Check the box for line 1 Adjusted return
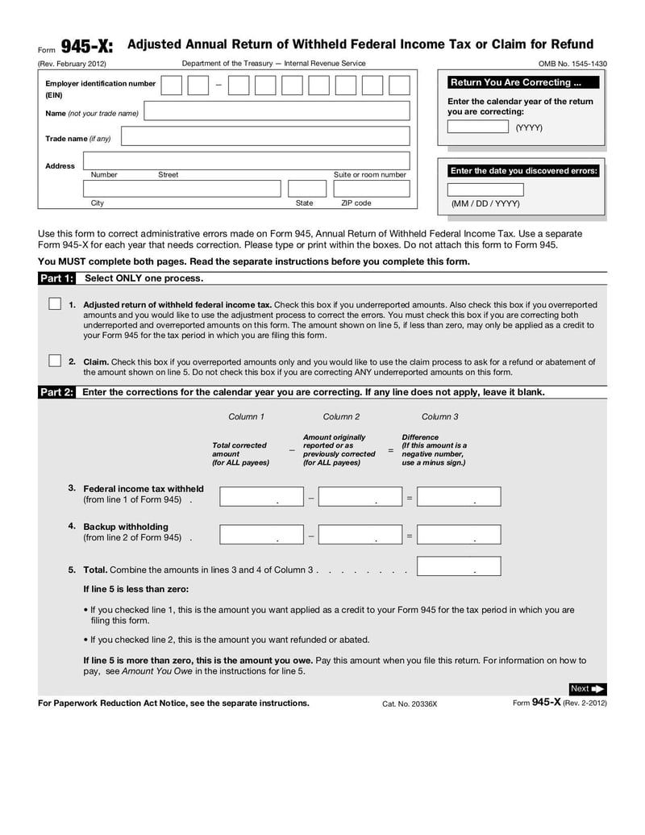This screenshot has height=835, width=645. click(55, 304)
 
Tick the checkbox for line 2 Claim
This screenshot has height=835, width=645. click(55, 361)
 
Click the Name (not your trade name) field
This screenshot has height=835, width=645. click(277, 111)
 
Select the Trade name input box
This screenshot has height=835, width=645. click(265, 136)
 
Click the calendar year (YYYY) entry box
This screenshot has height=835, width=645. click(477, 127)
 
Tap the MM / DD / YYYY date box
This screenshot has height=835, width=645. click(485, 190)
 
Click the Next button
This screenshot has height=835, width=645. click(587, 688)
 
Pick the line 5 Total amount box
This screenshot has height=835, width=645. click(459, 566)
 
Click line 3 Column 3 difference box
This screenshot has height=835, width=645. click(459, 497)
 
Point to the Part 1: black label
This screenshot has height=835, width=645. click(56, 278)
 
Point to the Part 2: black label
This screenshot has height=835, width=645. click(56, 392)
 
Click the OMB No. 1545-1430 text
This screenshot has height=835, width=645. click(572, 64)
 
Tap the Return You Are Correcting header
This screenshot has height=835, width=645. click(522, 82)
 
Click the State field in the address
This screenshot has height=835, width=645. click(295, 189)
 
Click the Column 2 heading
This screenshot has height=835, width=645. click(341, 417)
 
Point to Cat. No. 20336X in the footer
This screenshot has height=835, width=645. click(410, 703)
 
